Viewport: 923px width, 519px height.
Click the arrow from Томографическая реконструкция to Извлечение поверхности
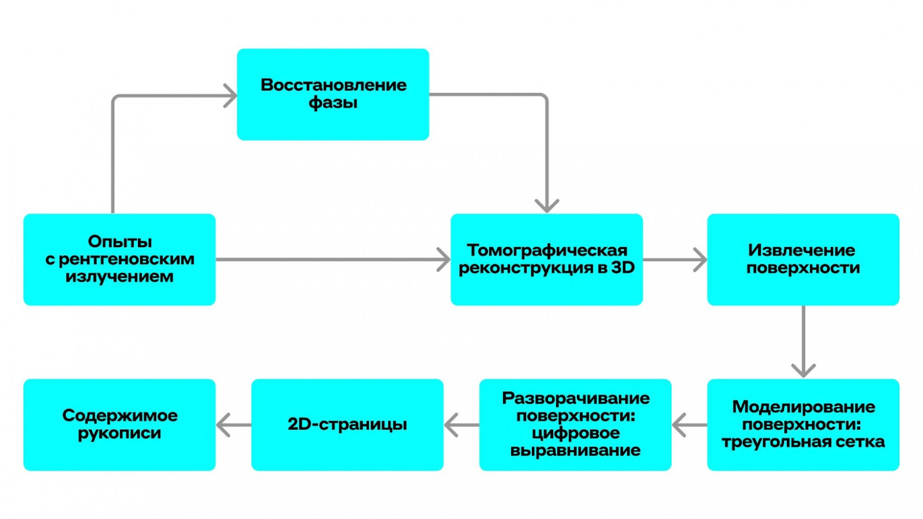[x=674, y=260]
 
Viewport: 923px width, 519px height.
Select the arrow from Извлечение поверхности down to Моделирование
[x=803, y=342]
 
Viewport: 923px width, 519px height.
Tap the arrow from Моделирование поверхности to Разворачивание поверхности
[x=689, y=425]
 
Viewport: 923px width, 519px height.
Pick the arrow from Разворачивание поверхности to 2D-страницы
[x=461, y=425]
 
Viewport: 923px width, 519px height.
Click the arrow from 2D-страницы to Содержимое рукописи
[x=233, y=425]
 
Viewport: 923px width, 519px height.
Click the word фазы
[x=333, y=103]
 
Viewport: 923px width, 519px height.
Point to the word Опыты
[x=120, y=241]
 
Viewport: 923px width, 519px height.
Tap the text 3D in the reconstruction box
[x=622, y=267]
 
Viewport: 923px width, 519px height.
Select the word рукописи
[x=120, y=433]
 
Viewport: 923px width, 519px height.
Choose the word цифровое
[x=575, y=433]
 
